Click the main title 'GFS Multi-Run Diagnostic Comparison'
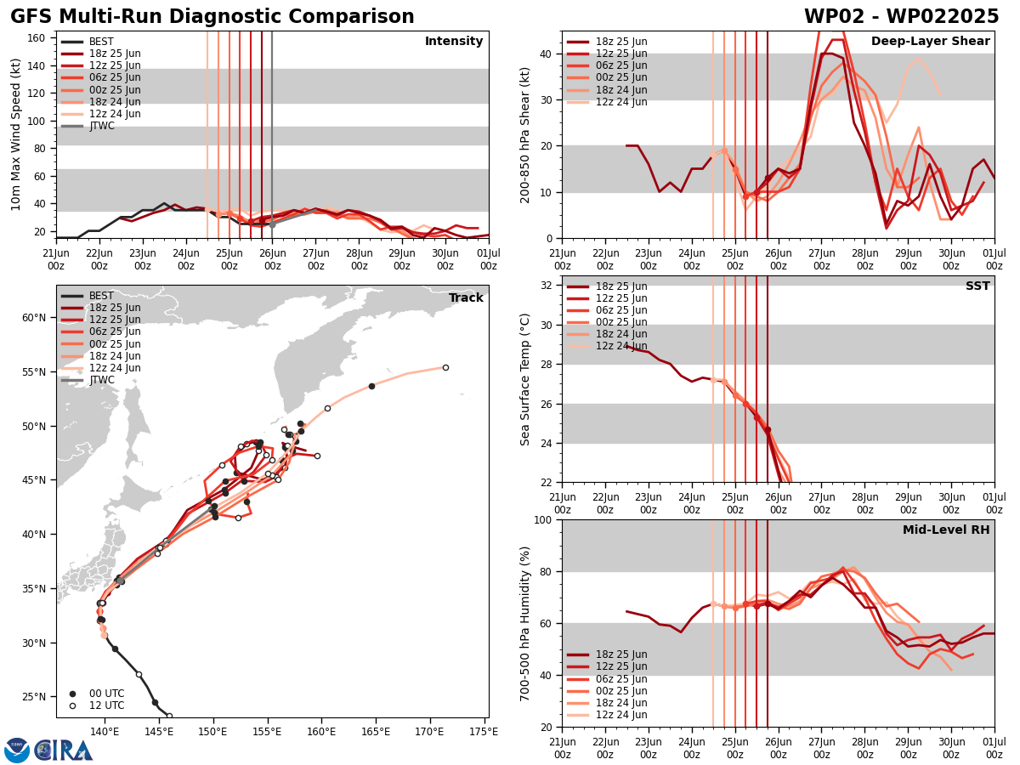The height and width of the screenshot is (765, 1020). pyautogui.click(x=212, y=17)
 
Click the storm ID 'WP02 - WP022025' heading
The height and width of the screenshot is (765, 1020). pyautogui.click(x=901, y=17)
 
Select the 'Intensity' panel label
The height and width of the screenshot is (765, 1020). pyautogui.click(x=454, y=42)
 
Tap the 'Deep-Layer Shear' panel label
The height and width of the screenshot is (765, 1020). pyautogui.click(x=930, y=42)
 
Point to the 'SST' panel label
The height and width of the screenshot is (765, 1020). pyautogui.click(x=977, y=286)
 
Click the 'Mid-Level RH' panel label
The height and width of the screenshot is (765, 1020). pyautogui.click(x=946, y=530)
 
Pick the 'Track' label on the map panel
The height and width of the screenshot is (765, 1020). pyautogui.click(x=466, y=298)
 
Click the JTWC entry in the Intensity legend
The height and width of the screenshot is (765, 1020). pyautogui.click(x=102, y=126)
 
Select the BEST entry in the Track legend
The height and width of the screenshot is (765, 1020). pyautogui.click(x=101, y=296)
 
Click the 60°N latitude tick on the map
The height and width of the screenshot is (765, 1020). pyautogui.click(x=34, y=318)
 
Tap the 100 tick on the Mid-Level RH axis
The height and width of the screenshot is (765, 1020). pyautogui.click(x=545, y=519)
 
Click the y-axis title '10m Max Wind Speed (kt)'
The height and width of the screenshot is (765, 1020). pyautogui.click(x=16, y=134)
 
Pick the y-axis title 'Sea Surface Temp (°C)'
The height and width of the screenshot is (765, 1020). pyautogui.click(x=525, y=379)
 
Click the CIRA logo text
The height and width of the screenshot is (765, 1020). pyautogui.click(x=64, y=751)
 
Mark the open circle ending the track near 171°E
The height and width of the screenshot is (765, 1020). pyautogui.click(x=445, y=367)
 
